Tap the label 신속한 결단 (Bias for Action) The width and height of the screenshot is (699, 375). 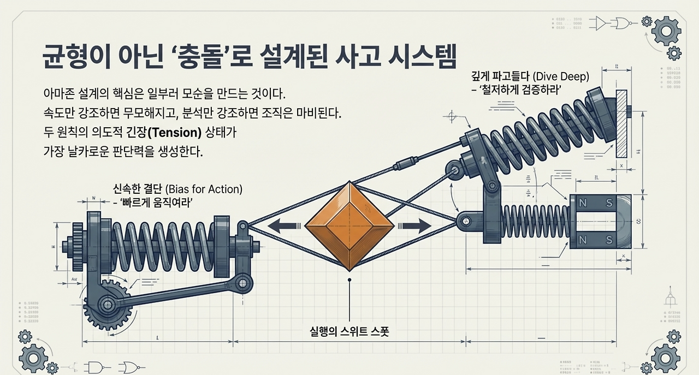(177, 189)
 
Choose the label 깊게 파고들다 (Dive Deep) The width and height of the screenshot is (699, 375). (530, 77)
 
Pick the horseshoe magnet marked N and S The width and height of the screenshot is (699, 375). (601, 221)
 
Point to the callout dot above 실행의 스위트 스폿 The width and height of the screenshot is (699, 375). (349, 280)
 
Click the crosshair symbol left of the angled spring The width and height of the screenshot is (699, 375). (452, 116)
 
